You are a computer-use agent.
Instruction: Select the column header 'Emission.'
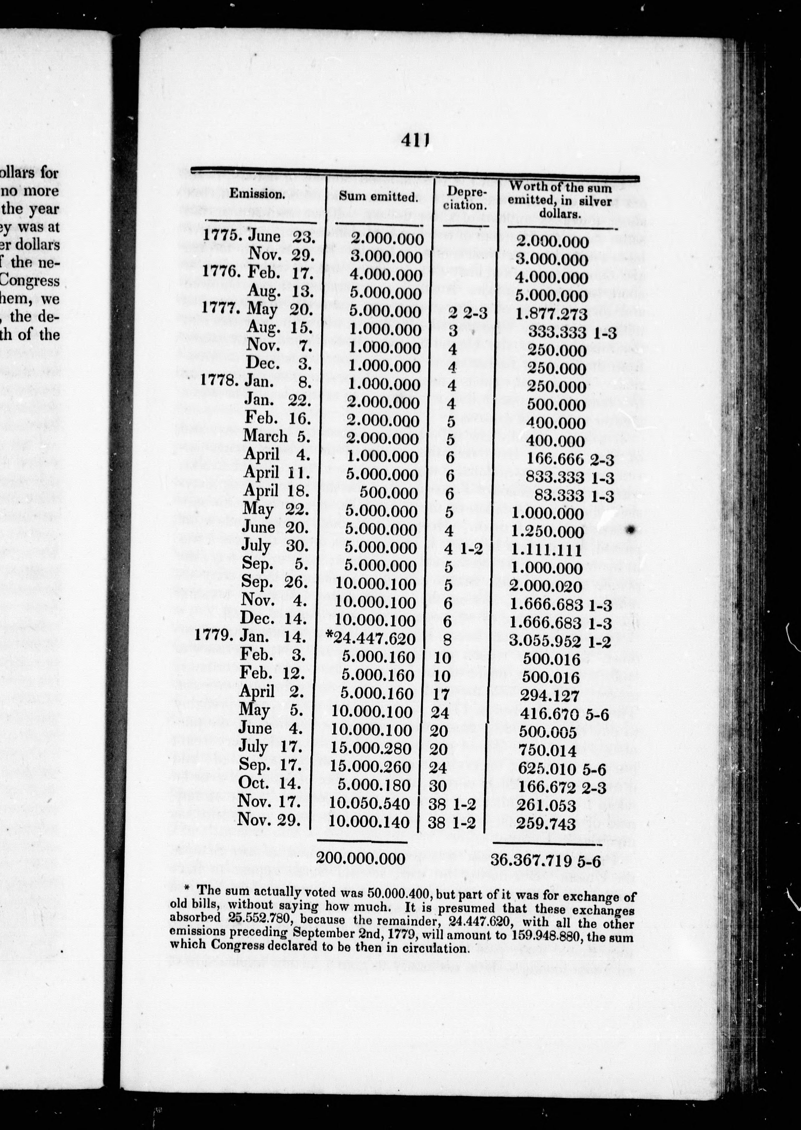(x=257, y=194)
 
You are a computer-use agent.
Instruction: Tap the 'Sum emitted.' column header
(x=378, y=196)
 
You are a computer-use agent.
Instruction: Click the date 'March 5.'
(x=276, y=436)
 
